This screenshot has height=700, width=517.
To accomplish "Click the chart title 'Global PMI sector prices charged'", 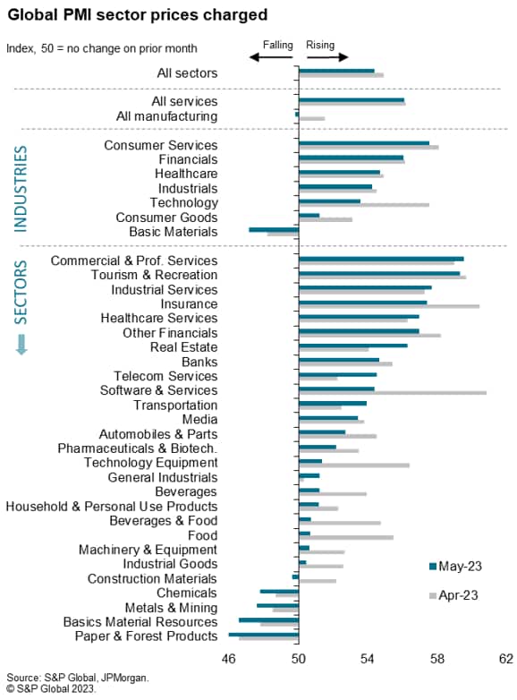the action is pyautogui.click(x=138, y=14).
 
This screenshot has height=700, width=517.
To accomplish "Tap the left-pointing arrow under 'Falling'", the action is pyautogui.click(x=271, y=57).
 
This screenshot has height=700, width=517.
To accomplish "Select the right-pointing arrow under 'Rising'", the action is pyautogui.click(x=327, y=57).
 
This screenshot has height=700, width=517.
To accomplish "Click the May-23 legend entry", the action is pyautogui.click(x=455, y=566).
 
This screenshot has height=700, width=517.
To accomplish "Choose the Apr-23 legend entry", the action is pyautogui.click(x=453, y=595).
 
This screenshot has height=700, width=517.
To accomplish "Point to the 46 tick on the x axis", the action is pyautogui.click(x=228, y=659).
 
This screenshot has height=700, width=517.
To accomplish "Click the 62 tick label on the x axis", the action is pyautogui.click(x=506, y=659).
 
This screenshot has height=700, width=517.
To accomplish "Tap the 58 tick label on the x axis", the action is pyautogui.click(x=437, y=659).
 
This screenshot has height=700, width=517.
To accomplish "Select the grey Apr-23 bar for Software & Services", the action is pyautogui.click(x=393, y=393).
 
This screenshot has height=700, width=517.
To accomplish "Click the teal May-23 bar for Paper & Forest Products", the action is pyautogui.click(x=264, y=635).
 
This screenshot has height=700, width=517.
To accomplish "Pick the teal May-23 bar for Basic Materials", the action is pyautogui.click(x=274, y=229).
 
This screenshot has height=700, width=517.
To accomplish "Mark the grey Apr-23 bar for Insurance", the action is pyautogui.click(x=389, y=306).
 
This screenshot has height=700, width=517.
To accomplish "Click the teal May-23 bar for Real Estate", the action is pyautogui.click(x=352, y=346).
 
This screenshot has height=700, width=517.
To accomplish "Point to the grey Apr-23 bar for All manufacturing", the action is pyautogui.click(x=312, y=119).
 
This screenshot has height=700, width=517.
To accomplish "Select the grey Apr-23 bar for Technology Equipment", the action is pyautogui.click(x=354, y=465).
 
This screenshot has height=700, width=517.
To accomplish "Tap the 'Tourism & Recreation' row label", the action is pyautogui.click(x=155, y=275).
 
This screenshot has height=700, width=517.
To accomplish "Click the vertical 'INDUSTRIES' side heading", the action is pyautogui.click(x=21, y=189).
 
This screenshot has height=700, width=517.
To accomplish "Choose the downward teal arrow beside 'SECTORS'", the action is pyautogui.click(x=21, y=345).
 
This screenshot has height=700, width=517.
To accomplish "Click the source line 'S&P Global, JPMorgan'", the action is pyautogui.click(x=97, y=678).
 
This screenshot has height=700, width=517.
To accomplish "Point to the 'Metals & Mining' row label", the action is pyautogui.click(x=172, y=608).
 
